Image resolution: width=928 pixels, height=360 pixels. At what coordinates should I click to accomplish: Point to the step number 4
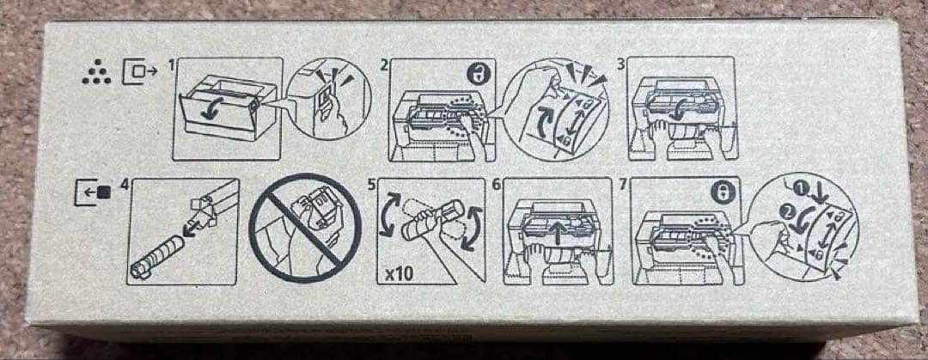tap(124, 185)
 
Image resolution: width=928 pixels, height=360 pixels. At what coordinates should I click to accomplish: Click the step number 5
tap(372, 185)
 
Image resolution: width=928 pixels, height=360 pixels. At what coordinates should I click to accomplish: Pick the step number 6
tap(497, 185)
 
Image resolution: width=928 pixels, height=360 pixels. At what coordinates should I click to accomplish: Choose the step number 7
tap(622, 185)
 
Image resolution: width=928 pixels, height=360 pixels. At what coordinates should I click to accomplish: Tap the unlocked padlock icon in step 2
tap(476, 75)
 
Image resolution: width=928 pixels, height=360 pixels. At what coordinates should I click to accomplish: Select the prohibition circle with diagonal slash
tap(305, 228)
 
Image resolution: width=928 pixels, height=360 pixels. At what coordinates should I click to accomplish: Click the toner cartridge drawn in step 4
tap(157, 256)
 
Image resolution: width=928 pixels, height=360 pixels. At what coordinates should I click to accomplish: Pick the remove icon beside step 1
tap(140, 71)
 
